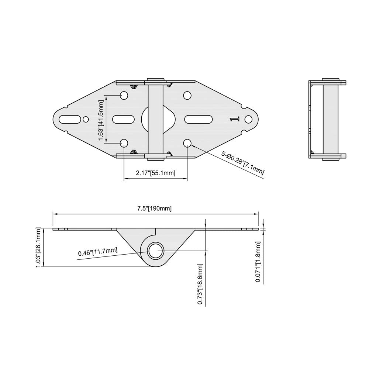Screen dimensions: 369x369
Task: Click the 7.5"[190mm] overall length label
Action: click(x=155, y=208)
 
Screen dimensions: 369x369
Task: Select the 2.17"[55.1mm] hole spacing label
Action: click(x=155, y=173)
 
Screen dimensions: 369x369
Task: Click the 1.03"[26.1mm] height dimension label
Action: click(x=39, y=248)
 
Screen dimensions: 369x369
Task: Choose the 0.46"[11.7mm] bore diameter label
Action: click(x=98, y=252)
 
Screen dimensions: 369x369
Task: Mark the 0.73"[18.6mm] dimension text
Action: click(x=200, y=284)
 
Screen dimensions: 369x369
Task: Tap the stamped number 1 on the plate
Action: click(x=234, y=119)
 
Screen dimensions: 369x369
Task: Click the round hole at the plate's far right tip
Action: click(x=248, y=119)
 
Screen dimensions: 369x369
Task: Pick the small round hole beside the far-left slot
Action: click(x=86, y=119)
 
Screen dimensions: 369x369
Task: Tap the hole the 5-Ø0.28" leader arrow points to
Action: click(x=187, y=143)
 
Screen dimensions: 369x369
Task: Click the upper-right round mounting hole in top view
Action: click(x=187, y=96)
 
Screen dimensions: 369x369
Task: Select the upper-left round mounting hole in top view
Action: click(x=124, y=96)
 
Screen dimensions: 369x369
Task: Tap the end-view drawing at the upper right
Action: click(x=327, y=119)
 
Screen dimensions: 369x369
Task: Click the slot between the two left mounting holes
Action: click(x=124, y=119)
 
